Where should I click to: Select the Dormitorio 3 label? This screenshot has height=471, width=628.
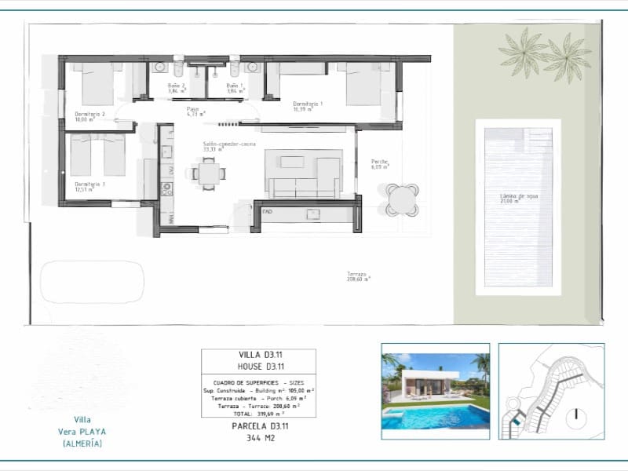pos(89,186)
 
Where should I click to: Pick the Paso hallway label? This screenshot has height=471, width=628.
pos(195,111)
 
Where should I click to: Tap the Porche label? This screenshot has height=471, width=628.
pos(380,164)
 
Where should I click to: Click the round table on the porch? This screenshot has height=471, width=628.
pos(402,199)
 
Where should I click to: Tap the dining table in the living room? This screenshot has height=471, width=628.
pos(209,173)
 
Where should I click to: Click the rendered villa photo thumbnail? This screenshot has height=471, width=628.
pos(435,387)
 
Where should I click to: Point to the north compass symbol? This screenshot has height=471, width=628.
pos(577,414)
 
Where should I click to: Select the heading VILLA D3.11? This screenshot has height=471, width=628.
pos(259,356)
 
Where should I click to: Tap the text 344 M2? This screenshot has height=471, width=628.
pos(259,440)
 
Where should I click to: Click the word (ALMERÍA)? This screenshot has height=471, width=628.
pos(82,444)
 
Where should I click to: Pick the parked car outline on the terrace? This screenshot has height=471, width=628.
pos(92,282)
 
